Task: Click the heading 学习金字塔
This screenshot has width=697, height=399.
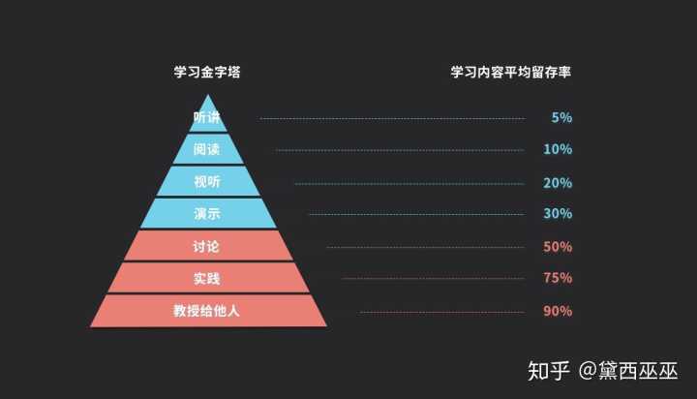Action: (x=207, y=72)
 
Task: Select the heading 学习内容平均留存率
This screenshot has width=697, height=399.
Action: (x=511, y=72)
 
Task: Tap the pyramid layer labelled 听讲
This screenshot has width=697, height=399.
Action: (x=207, y=117)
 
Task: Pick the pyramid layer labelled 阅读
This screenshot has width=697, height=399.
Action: (x=207, y=149)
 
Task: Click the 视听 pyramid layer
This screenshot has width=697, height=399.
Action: (x=207, y=181)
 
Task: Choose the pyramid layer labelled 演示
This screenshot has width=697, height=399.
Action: (x=207, y=213)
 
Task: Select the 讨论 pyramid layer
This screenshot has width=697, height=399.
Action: (x=207, y=246)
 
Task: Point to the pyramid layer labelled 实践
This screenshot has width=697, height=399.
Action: (x=207, y=278)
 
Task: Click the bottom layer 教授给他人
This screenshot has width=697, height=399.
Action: (x=207, y=311)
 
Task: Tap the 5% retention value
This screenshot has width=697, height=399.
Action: (x=561, y=117)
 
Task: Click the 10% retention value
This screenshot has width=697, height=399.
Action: (x=558, y=149)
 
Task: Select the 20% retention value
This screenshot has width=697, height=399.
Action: (x=558, y=183)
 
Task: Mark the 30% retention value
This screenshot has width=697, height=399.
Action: (x=558, y=213)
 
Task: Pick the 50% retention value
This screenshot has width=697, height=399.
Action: (x=558, y=246)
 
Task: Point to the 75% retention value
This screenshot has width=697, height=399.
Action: (x=558, y=278)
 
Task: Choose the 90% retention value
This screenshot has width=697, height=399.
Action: (x=558, y=311)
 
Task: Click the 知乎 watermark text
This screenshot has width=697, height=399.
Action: (x=549, y=371)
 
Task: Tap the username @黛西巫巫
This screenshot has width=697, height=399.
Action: (x=628, y=371)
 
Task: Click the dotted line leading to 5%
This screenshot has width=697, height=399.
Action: (x=392, y=119)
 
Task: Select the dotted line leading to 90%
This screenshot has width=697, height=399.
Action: (x=442, y=312)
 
